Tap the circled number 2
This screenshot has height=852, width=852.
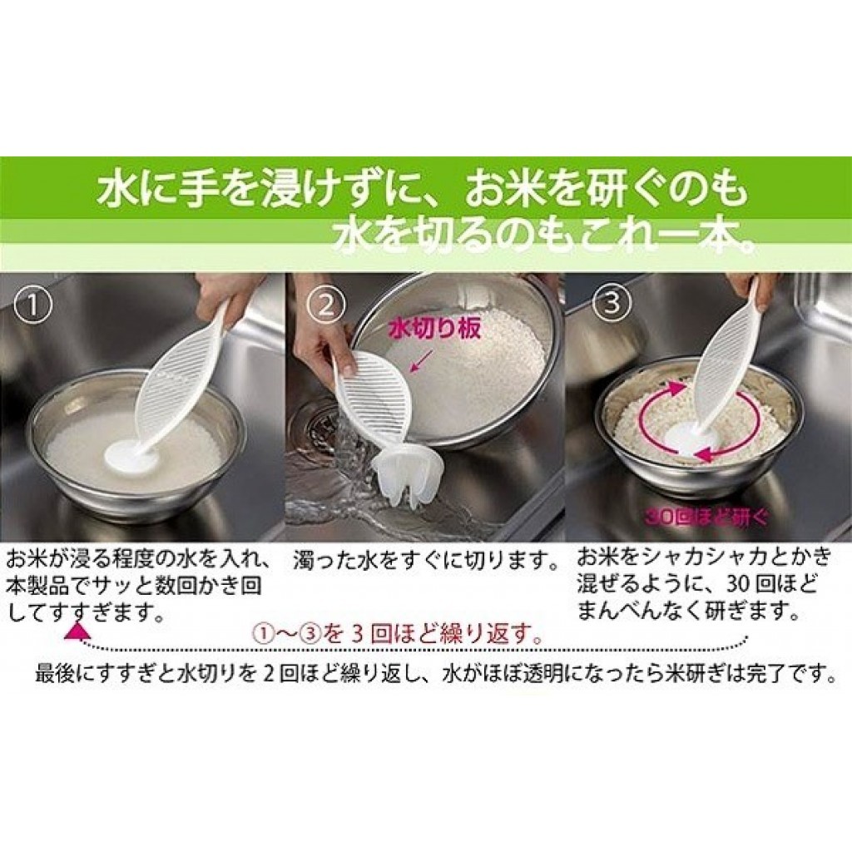point(325,305)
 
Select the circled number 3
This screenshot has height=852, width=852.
point(612,302)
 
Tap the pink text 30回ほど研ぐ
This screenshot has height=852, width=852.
point(706,516)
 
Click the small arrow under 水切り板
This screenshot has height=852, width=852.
point(421,361)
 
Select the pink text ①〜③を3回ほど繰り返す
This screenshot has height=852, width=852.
point(398,635)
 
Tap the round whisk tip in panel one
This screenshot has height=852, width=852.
point(130,456)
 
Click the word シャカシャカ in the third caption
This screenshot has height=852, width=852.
point(687,557)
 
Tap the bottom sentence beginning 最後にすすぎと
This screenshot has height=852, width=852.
point(435,674)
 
